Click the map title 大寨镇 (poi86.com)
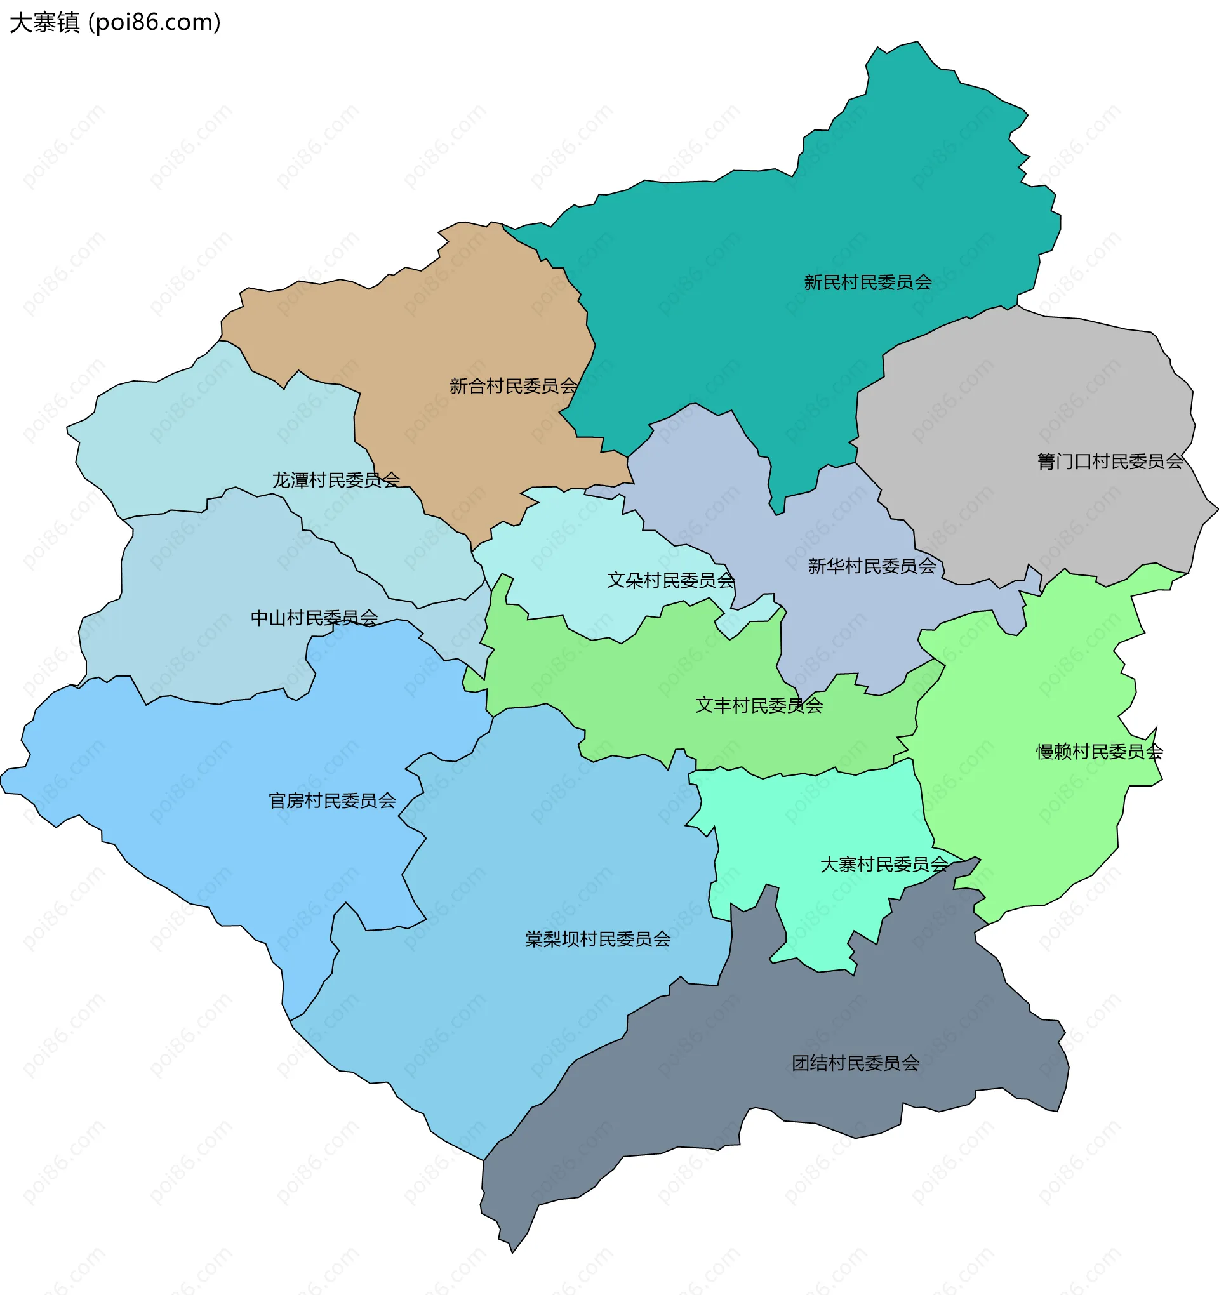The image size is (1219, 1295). point(116,23)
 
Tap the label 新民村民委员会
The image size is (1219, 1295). point(867,282)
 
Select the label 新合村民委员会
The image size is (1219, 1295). point(514,387)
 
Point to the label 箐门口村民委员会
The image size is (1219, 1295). point(1110,462)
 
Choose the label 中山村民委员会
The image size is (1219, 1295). point(314,618)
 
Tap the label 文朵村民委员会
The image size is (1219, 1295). point(670,580)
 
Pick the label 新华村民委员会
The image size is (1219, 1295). point(872,566)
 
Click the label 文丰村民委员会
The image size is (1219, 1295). point(759,705)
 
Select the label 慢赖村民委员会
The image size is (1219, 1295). point(1099,752)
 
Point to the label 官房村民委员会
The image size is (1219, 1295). point(332,800)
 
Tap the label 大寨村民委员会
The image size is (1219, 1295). point(884,865)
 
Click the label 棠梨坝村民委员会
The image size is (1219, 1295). point(597,939)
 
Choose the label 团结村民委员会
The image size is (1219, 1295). point(855,1063)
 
